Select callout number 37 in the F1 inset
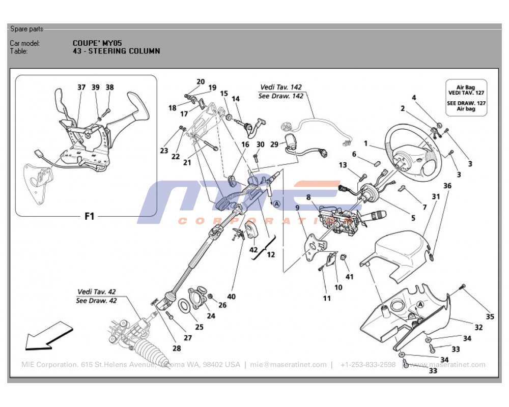pyautogui.click(x=81, y=88)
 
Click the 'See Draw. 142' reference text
pyautogui.click(x=280, y=96)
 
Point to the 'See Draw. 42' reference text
pyautogui.click(x=96, y=300)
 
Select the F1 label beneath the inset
pyautogui.click(x=89, y=216)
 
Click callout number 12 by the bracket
pyautogui.click(x=271, y=254)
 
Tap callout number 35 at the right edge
pyautogui.click(x=490, y=316)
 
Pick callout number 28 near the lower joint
pyautogui.click(x=176, y=348)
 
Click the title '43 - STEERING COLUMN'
pyautogui.click(x=116, y=51)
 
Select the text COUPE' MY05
pyautogui.click(x=97, y=43)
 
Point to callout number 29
pyautogui.click(x=274, y=144)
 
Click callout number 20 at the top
pyautogui.click(x=201, y=81)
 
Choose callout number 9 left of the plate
pyautogui.click(x=297, y=207)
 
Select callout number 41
pyautogui.click(x=349, y=277)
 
